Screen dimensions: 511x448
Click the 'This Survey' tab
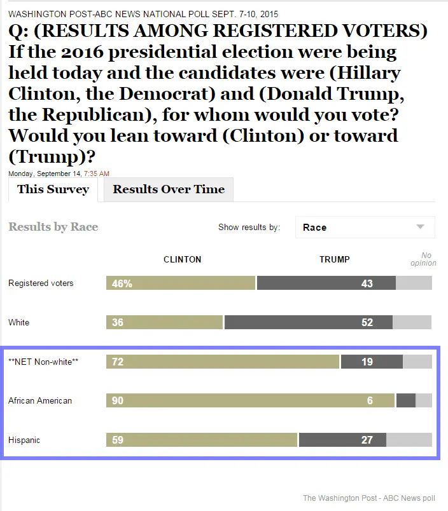tap(53, 189)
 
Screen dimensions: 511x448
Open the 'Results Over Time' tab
tap(169, 189)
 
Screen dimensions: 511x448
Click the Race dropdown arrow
tap(420, 227)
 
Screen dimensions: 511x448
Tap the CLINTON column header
tap(182, 259)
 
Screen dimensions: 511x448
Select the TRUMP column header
tap(334, 259)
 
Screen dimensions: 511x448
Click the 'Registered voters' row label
tap(41, 283)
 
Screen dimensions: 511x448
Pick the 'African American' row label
tap(40, 401)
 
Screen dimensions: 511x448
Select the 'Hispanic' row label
tap(24, 440)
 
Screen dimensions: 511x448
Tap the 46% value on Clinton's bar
tap(122, 283)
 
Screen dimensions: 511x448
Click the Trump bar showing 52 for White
tap(308, 322)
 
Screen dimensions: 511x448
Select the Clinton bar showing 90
tap(250, 400)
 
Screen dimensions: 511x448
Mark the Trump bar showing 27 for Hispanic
tap(342, 440)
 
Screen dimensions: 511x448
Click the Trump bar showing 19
tap(372, 362)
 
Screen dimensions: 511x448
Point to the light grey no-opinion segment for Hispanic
tap(409, 440)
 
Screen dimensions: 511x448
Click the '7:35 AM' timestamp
tap(97, 174)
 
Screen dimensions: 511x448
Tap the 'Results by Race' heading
tap(53, 227)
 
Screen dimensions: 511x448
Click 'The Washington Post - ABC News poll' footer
tap(368, 498)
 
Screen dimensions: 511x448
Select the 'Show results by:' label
tap(249, 228)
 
